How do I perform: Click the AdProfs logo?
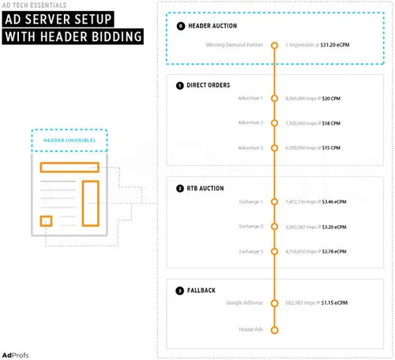click(x=17, y=351)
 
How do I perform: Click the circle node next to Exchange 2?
click(x=274, y=227)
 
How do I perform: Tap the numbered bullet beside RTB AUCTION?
click(x=180, y=189)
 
